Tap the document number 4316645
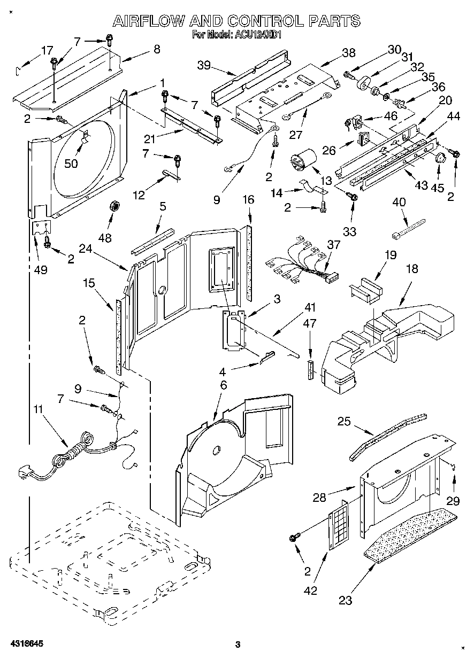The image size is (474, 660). pos(26,644)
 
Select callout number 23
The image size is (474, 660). pos(346,600)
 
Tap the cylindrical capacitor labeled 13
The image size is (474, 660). pos(302,161)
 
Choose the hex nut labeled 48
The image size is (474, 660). pos(113,206)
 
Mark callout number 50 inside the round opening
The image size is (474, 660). pos(71,163)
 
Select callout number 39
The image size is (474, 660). pos(203,66)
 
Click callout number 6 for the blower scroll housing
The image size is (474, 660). pos(223,385)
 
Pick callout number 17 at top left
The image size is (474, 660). pos(47,50)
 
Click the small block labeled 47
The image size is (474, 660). pos(309,369)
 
